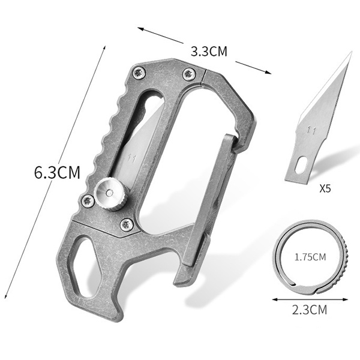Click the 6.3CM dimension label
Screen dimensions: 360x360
(x=57, y=172)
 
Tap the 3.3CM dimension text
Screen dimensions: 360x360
(x=209, y=51)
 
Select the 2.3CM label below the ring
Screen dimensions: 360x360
(x=310, y=310)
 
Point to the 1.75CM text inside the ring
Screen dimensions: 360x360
(x=310, y=257)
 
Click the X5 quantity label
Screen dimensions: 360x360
(x=325, y=188)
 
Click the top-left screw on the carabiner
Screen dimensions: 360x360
(x=139, y=73)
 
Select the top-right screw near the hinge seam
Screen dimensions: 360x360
(x=189, y=74)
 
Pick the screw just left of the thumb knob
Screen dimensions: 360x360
(x=88, y=201)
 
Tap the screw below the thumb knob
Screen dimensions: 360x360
(x=127, y=224)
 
